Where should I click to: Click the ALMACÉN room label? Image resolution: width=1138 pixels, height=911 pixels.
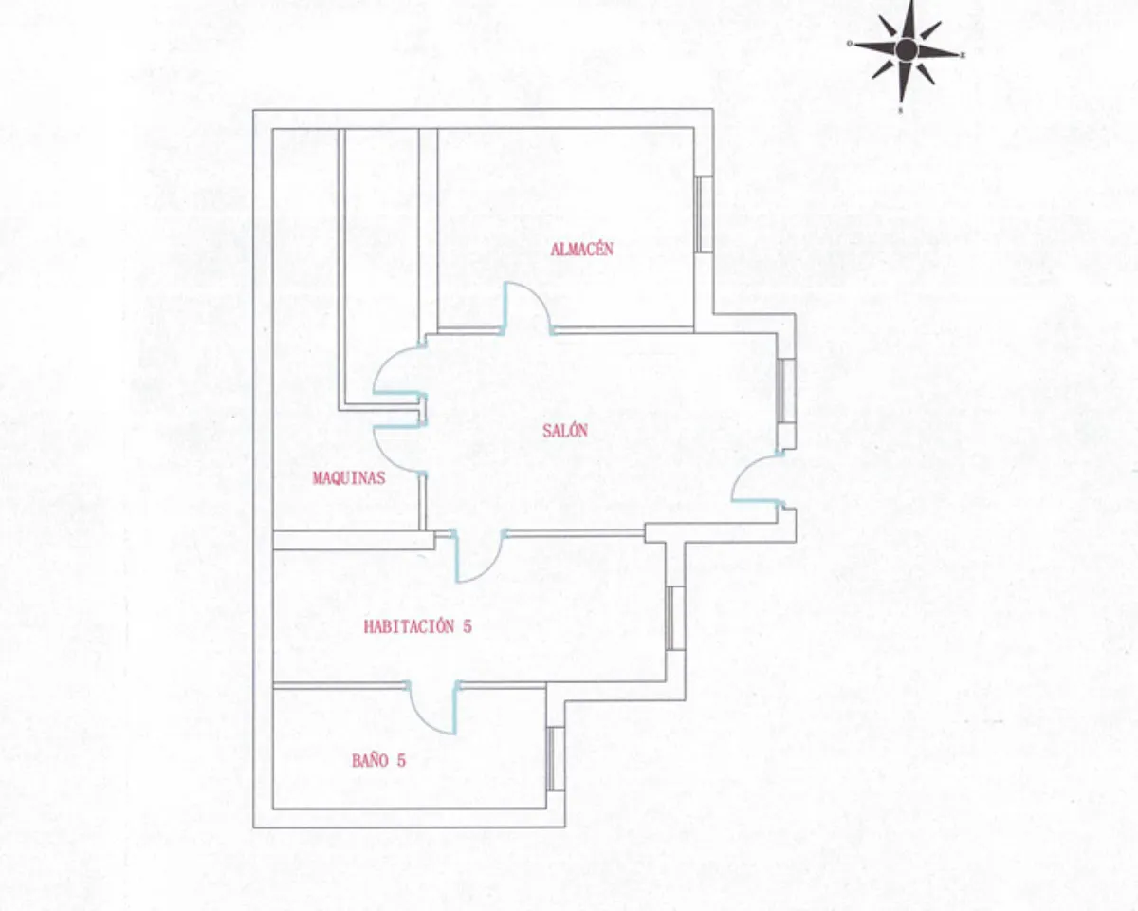tap(581, 250)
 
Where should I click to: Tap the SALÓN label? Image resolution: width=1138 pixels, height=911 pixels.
tap(565, 431)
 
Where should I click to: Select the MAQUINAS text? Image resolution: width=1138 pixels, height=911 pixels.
tap(348, 478)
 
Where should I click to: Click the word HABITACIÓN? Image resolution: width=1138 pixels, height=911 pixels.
tap(409, 626)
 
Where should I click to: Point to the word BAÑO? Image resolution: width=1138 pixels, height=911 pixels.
tap(370, 761)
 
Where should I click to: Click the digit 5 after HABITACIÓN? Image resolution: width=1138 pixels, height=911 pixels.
tap(467, 626)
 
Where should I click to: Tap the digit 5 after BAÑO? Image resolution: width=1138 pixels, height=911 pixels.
tap(401, 761)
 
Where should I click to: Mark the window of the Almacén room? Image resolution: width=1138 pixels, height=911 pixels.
tap(704, 214)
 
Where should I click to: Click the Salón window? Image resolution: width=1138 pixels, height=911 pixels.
tap(786, 391)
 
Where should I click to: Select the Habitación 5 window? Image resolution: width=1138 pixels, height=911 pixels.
tap(675, 618)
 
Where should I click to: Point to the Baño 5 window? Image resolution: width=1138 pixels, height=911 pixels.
tap(556, 758)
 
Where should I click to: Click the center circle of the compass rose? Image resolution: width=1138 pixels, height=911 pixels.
tap(907, 49)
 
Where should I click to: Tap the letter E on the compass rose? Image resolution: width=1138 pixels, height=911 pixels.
tap(963, 54)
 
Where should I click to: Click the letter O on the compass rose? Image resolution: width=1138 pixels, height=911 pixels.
tap(850, 44)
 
